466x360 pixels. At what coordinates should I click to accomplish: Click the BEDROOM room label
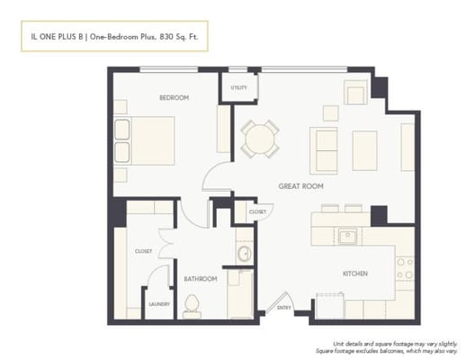click(174, 97)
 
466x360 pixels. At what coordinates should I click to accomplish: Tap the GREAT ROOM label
click(301, 186)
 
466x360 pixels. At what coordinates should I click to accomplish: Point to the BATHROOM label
click(201, 279)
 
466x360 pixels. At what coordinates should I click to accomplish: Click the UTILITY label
click(238, 87)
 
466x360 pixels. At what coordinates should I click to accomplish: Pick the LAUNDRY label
click(159, 304)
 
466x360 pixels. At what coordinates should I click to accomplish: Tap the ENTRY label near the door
click(284, 308)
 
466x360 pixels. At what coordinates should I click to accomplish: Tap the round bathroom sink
click(243, 254)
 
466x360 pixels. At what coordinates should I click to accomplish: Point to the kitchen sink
click(346, 237)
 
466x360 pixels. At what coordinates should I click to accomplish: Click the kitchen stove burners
click(405, 268)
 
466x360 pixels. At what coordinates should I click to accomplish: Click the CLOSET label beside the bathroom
click(143, 251)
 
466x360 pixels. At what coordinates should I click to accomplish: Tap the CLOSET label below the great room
click(257, 211)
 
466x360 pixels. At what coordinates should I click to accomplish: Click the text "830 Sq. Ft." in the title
click(179, 38)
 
